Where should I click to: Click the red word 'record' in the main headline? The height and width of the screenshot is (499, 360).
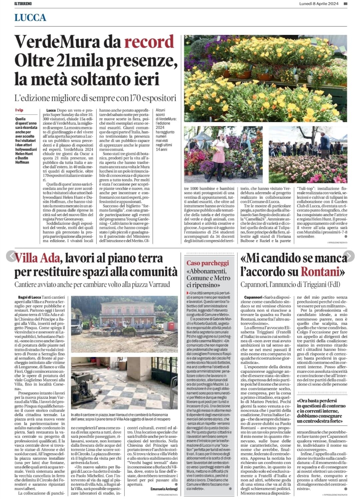149,42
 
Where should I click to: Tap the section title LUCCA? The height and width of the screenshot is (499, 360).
30,18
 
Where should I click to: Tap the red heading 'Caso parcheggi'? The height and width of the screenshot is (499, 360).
208,263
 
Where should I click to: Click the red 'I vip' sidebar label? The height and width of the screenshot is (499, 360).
19,110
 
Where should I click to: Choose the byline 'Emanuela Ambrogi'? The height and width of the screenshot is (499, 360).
164,489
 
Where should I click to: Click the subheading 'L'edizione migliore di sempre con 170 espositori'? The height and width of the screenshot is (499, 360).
95,98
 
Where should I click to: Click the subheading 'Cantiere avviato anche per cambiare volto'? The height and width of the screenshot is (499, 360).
92,284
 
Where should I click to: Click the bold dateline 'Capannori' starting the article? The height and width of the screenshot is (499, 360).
253,297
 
